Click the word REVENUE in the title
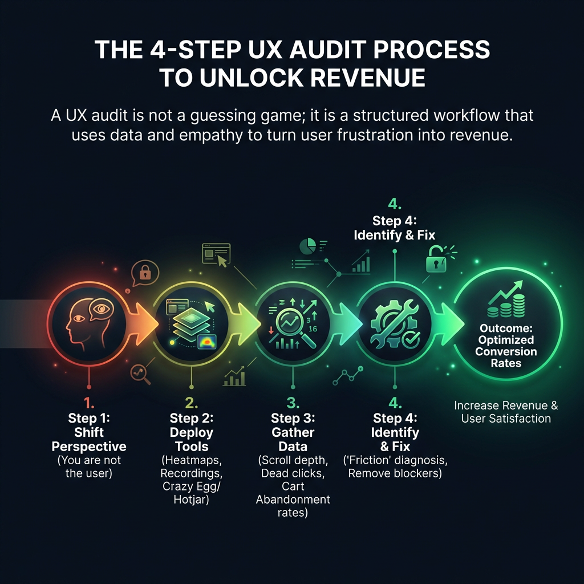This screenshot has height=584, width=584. click(x=367, y=78)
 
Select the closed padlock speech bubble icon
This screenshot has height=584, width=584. click(x=145, y=273)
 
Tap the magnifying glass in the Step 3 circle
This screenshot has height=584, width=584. click(x=294, y=327)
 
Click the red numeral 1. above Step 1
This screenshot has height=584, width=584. click(x=89, y=403)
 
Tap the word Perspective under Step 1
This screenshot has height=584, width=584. click(x=89, y=446)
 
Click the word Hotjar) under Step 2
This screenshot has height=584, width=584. click(x=192, y=499)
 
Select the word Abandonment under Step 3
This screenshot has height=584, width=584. click(x=293, y=499)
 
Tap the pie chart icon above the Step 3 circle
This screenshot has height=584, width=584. click(x=307, y=246)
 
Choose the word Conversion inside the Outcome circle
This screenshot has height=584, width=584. click(x=506, y=351)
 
